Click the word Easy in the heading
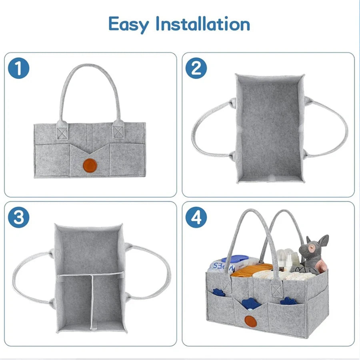pyautogui.click(x=129, y=25)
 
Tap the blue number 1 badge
pyautogui.click(x=19, y=68)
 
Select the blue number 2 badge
pyautogui.click(x=196, y=68)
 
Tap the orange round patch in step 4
pyautogui.click(x=250, y=320)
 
